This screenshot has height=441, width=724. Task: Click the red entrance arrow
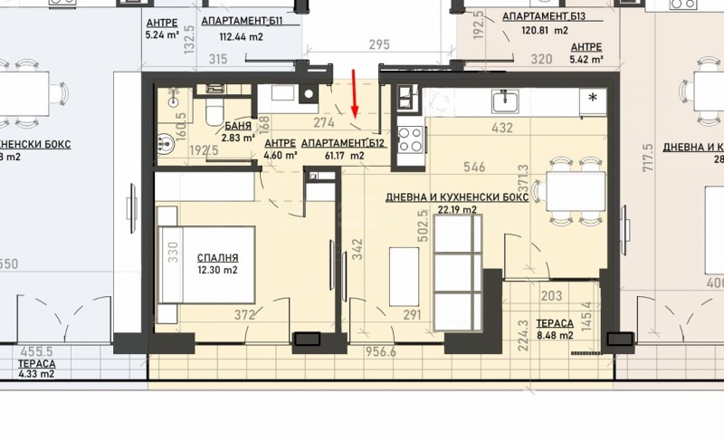pyautogui.click(x=356, y=91)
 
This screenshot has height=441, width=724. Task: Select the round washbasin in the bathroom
pyautogui.click(x=167, y=140)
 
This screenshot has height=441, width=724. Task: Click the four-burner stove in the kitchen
pyautogui.click(x=409, y=139)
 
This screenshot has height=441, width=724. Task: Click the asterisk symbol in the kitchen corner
pyautogui.click(x=594, y=97)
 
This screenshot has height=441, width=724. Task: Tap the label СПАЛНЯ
pyautogui.click(x=218, y=256)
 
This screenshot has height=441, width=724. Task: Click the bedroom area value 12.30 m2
pyautogui.click(x=218, y=270)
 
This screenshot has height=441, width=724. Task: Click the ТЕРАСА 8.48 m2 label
pyautogui.click(x=555, y=329)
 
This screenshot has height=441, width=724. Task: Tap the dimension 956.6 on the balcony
pyautogui.click(x=381, y=352)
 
